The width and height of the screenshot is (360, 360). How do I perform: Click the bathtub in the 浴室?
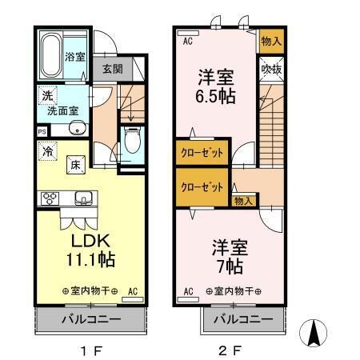click(x=50, y=55)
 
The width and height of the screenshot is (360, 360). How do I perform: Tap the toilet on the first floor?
click(x=132, y=140)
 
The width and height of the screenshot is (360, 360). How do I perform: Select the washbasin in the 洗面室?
click(x=78, y=128)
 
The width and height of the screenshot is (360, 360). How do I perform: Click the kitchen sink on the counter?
click(x=83, y=198)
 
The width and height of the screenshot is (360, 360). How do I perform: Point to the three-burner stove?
click(x=50, y=198)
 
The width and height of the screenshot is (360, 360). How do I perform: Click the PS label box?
click(x=42, y=132)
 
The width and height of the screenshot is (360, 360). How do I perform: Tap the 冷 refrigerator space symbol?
click(x=48, y=151)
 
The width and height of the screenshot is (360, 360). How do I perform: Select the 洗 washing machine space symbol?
click(x=47, y=95)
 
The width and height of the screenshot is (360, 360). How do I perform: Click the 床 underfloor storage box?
click(x=76, y=165)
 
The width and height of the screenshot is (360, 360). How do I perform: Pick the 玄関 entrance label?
click(x=113, y=69)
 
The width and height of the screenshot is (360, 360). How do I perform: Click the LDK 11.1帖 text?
click(x=90, y=250)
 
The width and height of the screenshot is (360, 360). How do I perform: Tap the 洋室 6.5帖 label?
click(x=215, y=86)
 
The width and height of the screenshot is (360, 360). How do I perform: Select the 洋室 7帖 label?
click(x=230, y=257)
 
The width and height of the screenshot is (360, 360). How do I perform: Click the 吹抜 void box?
click(x=271, y=70)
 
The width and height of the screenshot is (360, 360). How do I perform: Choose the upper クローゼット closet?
click(x=202, y=153)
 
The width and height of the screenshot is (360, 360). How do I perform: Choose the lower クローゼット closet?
click(x=202, y=187)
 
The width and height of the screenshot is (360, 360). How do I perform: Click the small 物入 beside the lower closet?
click(x=243, y=201)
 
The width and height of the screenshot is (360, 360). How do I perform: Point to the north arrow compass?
click(x=313, y=333)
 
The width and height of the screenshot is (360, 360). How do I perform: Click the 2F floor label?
click(x=230, y=350)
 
